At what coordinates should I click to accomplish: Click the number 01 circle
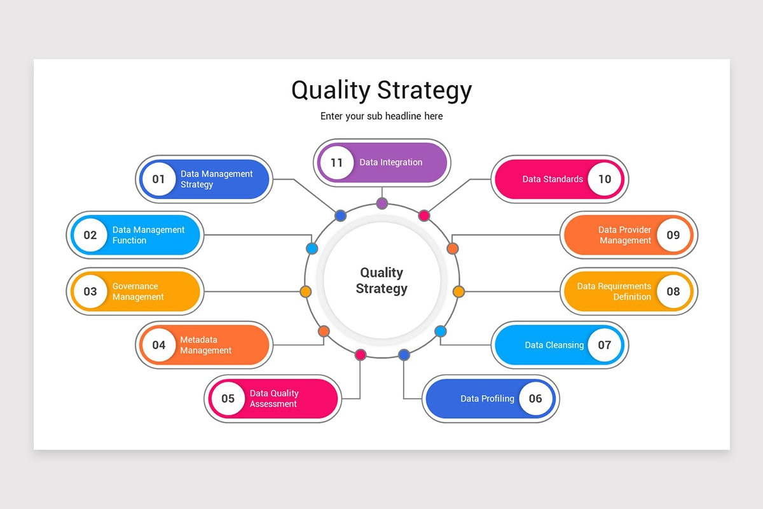158,179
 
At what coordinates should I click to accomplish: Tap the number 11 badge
336,162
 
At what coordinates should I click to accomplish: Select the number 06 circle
535,399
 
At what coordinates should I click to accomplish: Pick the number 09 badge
673,235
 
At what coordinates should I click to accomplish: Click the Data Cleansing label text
554,345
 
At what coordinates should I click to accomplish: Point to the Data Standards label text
553,179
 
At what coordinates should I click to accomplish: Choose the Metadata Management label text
205,345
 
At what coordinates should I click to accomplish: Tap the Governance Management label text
138,291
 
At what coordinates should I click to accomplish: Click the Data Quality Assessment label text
274,399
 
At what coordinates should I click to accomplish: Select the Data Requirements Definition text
614,291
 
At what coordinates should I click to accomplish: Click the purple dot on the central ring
382,204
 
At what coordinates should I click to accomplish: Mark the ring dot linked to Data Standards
424,216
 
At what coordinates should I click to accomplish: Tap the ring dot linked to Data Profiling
404,355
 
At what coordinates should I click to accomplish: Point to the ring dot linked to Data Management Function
312,248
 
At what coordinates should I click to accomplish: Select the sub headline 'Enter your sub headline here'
381,116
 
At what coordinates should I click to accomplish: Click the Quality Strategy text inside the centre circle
381,281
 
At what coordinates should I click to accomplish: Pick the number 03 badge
90,291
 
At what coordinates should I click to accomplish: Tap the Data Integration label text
390,162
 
